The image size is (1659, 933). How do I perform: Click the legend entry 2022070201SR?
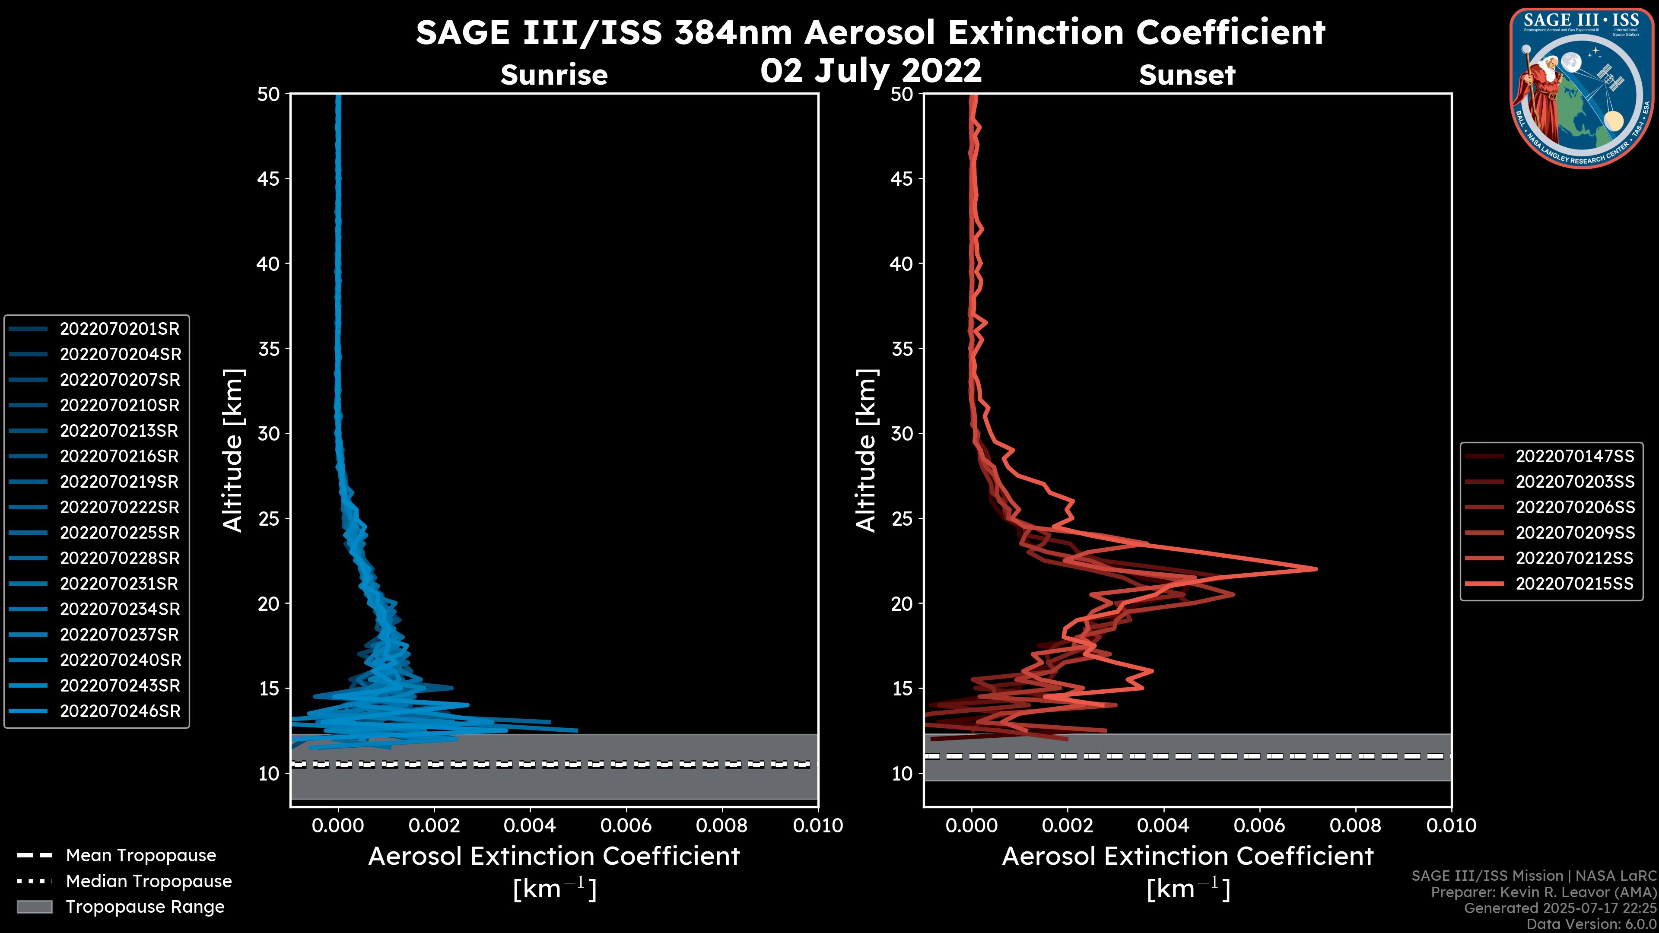pyautogui.click(x=119, y=329)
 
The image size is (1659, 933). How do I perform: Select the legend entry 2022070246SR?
pyautogui.click(x=120, y=711)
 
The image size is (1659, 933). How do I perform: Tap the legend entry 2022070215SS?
pyautogui.click(x=1574, y=584)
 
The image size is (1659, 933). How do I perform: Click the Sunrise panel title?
pyautogui.click(x=554, y=75)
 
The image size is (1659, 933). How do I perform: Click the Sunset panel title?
pyautogui.click(x=1187, y=75)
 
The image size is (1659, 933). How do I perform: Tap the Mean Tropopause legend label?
pyautogui.click(x=140, y=856)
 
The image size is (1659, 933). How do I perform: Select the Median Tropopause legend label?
pyautogui.click(x=148, y=882)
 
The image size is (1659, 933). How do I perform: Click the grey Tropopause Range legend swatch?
pyautogui.click(x=34, y=907)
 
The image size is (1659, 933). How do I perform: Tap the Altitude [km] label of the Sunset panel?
pyautogui.click(x=866, y=451)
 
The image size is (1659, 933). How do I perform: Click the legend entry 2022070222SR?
pyautogui.click(x=119, y=508)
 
